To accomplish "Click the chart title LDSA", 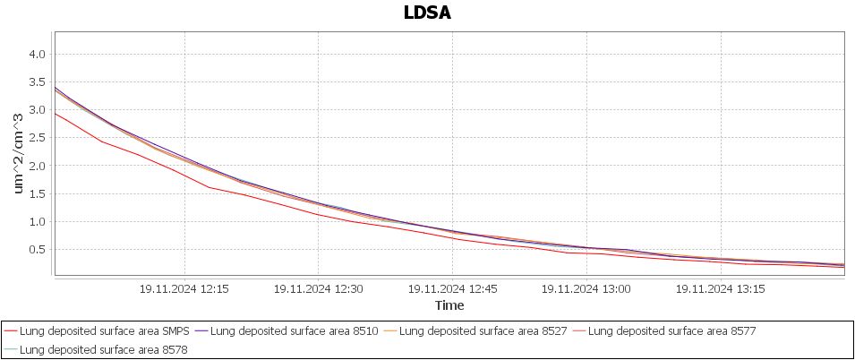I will click(427, 13).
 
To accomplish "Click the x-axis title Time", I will click(449, 305).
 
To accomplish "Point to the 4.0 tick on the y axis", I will click(37, 54).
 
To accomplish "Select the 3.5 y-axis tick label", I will click(37, 81).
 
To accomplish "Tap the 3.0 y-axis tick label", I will click(37, 109).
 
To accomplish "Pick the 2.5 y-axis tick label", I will click(37, 137).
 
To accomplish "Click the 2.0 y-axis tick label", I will click(37, 166).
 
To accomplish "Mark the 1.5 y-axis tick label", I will click(37, 193).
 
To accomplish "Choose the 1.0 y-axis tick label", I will click(37, 221).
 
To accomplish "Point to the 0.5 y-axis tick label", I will click(37, 249).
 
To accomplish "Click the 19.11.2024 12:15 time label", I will click(184, 289).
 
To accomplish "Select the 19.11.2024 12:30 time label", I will click(318, 289).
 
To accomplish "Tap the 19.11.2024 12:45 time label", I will click(452, 289).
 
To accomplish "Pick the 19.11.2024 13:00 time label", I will click(586, 289).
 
